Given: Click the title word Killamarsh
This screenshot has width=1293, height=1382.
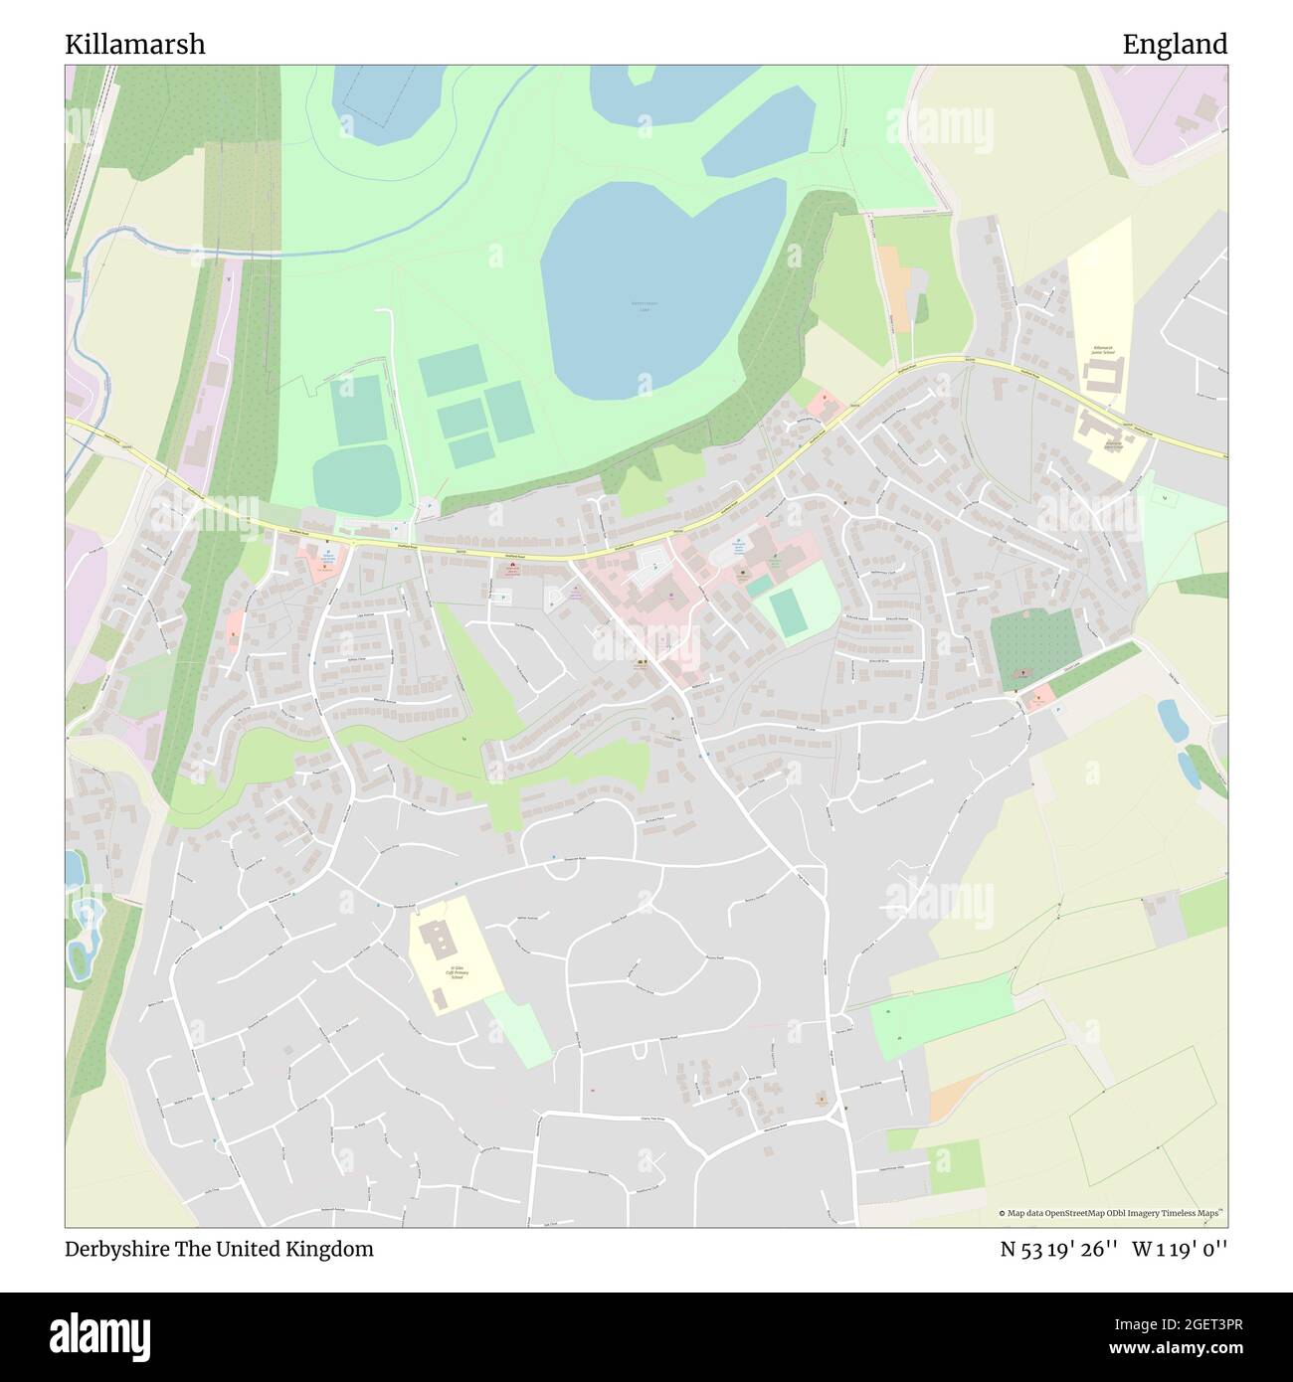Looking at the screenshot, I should (135, 45).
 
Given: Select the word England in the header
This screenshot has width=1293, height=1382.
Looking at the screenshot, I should (1175, 45).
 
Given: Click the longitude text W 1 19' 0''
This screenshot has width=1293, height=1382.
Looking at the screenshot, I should (1185, 1249).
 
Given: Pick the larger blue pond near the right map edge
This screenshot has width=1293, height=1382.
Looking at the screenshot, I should (1172, 720).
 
